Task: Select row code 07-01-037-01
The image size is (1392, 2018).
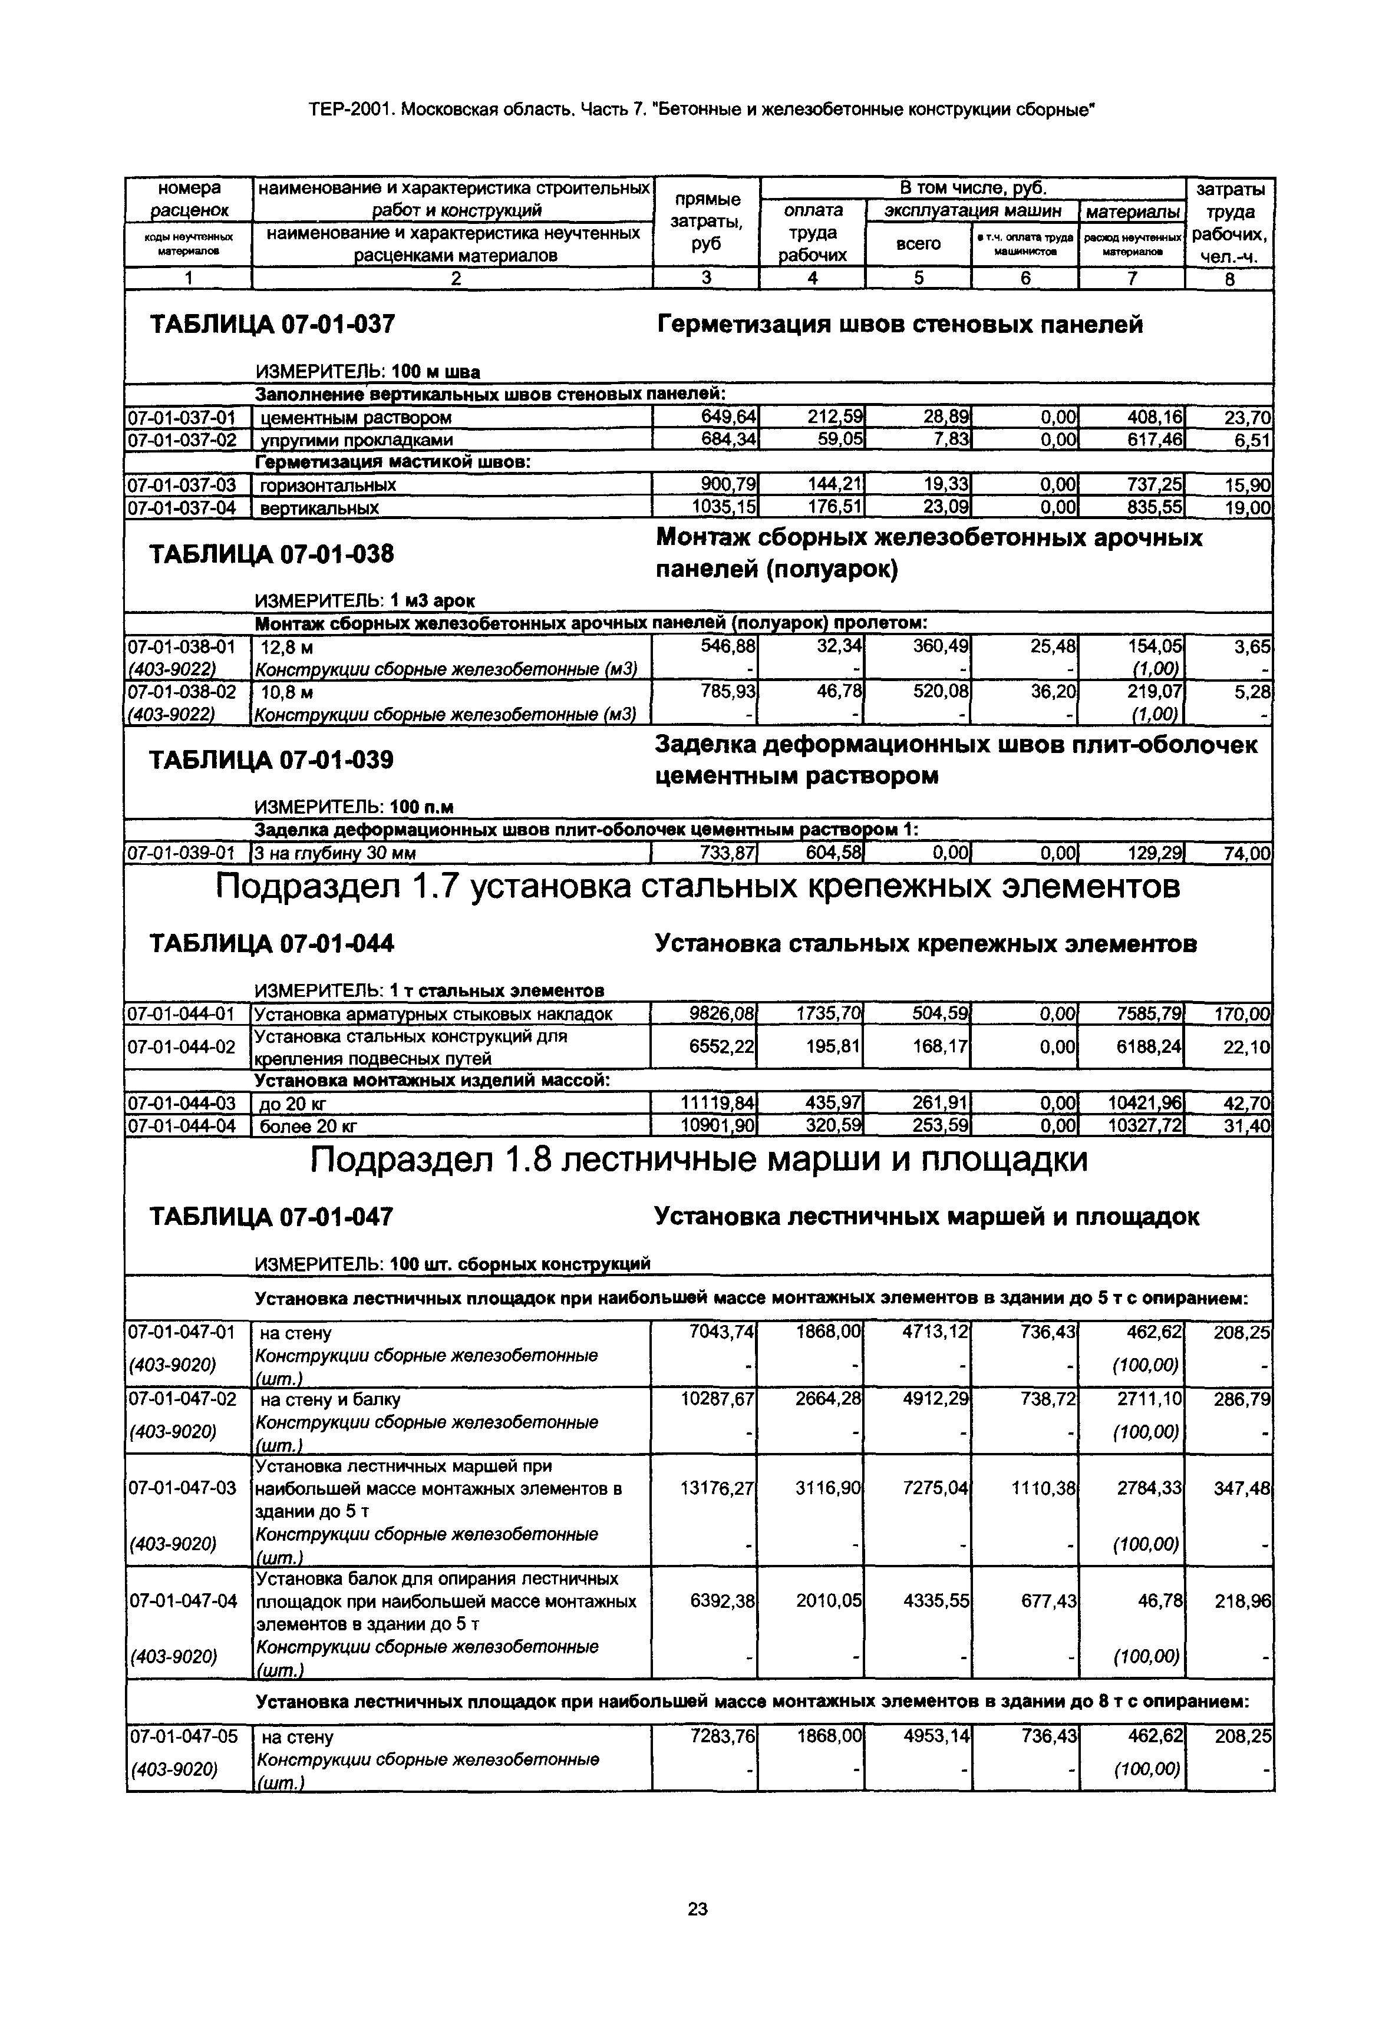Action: click(x=182, y=418)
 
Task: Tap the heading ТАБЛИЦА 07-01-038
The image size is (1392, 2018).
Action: click(x=272, y=554)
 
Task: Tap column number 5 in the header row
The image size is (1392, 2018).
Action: click(x=918, y=278)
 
